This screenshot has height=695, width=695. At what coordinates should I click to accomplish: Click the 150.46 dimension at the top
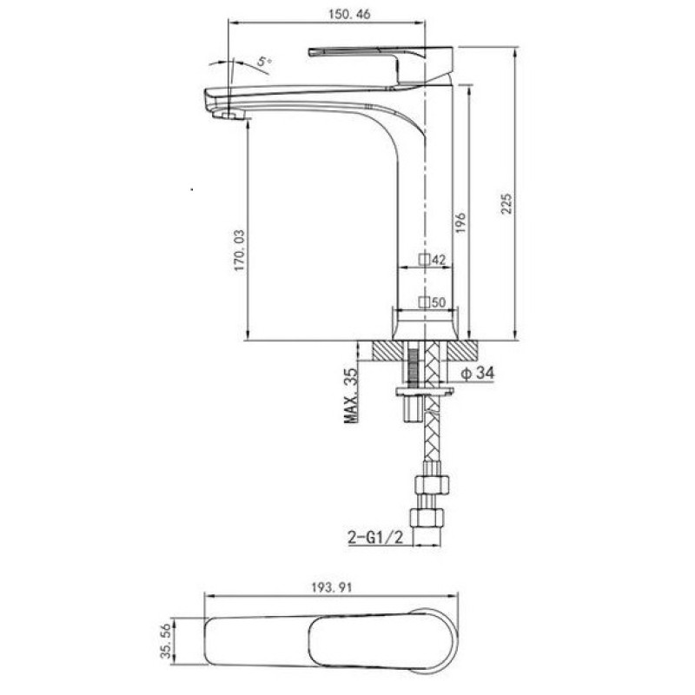coord(349,14)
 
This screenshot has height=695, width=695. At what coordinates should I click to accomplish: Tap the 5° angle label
coord(264,61)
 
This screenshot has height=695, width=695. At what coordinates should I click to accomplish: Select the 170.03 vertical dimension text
coord(240,250)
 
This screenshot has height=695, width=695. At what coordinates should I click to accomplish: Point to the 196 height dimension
coord(461,223)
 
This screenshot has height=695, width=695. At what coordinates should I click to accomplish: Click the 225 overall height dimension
coord(506,203)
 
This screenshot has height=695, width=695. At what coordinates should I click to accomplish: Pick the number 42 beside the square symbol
coord(439,260)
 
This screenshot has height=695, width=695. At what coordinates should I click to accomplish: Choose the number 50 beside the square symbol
coord(439,302)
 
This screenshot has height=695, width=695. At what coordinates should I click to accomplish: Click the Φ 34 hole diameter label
coord(477,374)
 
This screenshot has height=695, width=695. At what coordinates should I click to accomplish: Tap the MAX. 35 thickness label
coord(351,395)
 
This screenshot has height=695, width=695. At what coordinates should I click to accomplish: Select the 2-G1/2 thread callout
coord(375,538)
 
